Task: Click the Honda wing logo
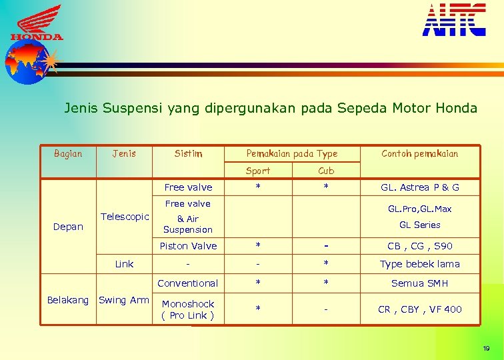point(37,24)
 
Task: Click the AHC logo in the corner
point(454,19)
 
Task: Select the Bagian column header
point(68,153)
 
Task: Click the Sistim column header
point(188,153)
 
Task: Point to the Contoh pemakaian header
point(419,153)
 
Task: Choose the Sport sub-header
point(258,171)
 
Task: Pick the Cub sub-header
point(326,171)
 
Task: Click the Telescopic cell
point(125,217)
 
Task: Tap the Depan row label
point(68,227)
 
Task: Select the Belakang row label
point(68,300)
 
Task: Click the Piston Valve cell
point(188,246)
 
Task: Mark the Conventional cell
point(188,283)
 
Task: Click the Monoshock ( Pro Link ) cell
point(188,309)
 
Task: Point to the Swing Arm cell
point(124,300)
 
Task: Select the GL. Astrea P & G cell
point(419,187)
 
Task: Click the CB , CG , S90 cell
point(419,246)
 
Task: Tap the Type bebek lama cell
point(419,264)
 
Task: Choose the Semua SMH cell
point(419,283)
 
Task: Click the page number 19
point(486,349)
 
